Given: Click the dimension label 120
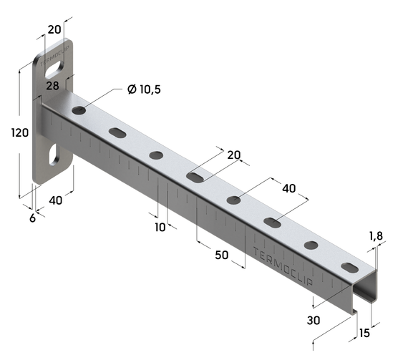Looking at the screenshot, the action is pos(20,132).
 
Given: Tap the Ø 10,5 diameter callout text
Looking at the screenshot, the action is pos(144,89).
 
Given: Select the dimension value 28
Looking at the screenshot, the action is pos(52,86).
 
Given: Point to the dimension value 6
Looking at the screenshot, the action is pos(32,218).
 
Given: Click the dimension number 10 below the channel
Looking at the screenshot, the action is pos(160,227).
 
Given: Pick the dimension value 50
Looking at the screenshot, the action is pos(222,256).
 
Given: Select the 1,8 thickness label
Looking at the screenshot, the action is pos(376,236).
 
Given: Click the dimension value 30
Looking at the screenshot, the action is pos(314,321).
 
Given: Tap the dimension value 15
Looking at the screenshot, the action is pos(364,333).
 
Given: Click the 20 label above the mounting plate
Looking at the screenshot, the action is pos(54,29).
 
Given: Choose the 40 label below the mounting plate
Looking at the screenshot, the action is pos(56,200).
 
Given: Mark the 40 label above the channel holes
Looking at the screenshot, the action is pos(289,188).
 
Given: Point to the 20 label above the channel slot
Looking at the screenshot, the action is pos(234,155).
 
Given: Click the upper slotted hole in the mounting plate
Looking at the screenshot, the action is pos(55,69).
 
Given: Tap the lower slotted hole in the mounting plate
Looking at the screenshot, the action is pos(54,155).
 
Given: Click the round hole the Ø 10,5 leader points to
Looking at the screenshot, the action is pos(79,110).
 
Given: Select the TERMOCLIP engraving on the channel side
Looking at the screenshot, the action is pos(283,267).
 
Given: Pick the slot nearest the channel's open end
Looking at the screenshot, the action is pos(350,268).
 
